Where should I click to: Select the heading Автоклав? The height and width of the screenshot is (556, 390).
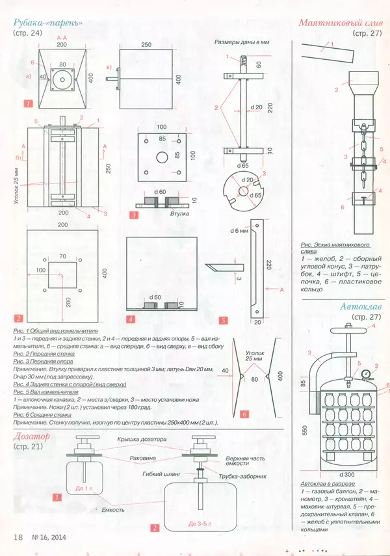coord(362,306)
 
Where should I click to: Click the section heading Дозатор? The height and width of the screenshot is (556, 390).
coord(35,436)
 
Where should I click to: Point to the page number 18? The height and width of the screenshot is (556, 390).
coord(19,536)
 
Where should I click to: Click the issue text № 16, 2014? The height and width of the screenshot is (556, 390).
coord(51,536)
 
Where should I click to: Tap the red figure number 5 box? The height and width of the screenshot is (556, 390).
coord(222,320)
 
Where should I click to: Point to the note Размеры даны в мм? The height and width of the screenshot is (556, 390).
coord(241,42)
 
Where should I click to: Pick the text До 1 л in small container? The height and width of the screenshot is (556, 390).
coord(84,487)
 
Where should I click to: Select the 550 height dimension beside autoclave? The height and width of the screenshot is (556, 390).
coord(305,430)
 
